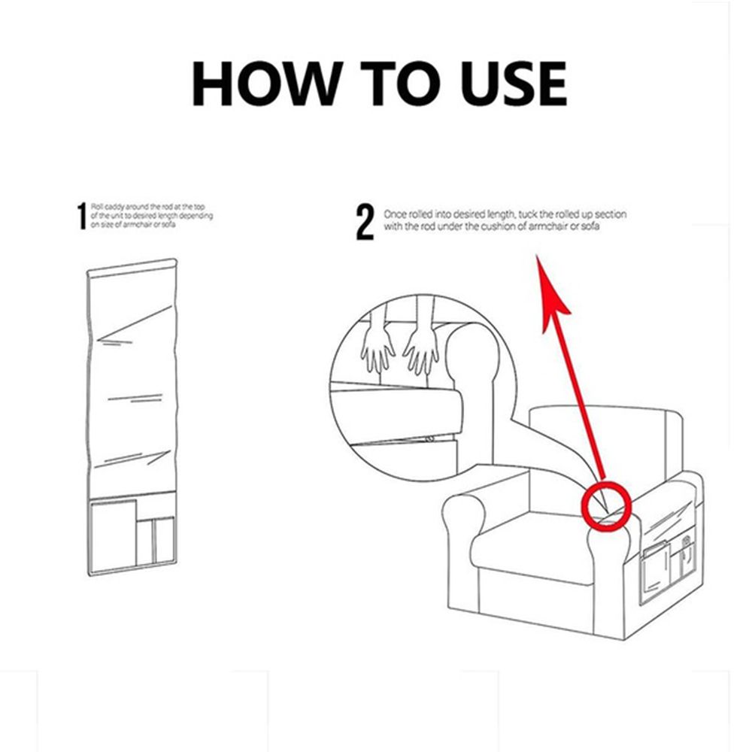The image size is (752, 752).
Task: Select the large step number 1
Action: pyautogui.click(x=82, y=216)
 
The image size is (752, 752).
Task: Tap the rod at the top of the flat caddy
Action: pyautogui.click(x=132, y=266)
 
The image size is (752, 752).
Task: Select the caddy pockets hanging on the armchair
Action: pyautogui.click(x=669, y=560)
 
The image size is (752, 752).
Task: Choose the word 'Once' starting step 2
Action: pyautogui.click(x=394, y=214)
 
